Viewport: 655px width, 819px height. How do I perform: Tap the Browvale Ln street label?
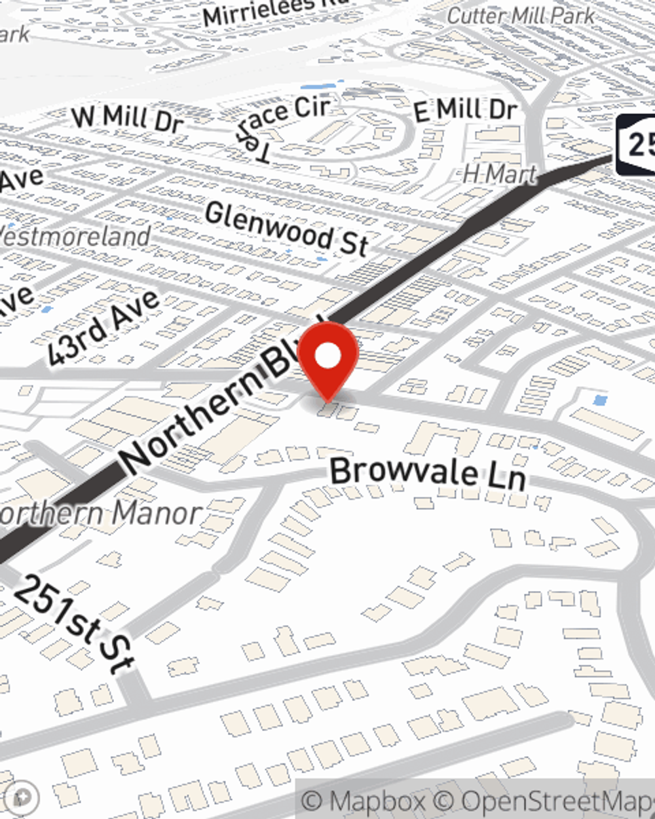coord(428,473)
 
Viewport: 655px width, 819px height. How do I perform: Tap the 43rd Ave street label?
coord(103,327)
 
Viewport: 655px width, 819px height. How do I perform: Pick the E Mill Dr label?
coord(465,110)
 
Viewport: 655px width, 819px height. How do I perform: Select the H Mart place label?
coord(499,174)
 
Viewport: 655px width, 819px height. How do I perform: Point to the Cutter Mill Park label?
coord(521,16)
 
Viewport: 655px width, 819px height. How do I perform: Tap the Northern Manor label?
coord(98,514)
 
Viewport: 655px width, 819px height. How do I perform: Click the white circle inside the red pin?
coord(327,356)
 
